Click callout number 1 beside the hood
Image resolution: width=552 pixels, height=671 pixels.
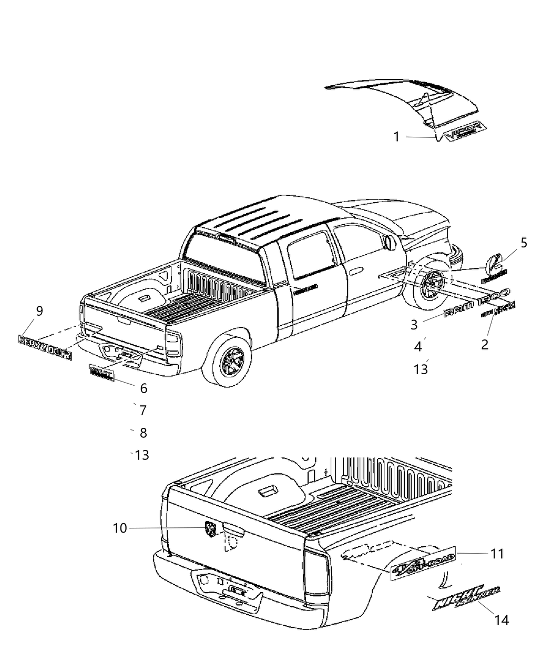click(x=397, y=137)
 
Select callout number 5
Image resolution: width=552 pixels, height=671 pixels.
click(x=524, y=243)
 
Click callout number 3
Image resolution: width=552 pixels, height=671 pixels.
click(x=415, y=325)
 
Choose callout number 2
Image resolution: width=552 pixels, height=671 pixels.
click(x=485, y=344)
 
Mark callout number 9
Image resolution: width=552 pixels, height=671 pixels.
click(x=39, y=311)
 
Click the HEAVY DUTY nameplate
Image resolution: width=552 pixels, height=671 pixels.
click(x=45, y=348)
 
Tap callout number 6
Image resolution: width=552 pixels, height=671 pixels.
click(x=144, y=388)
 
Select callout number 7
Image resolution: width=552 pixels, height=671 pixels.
click(x=142, y=410)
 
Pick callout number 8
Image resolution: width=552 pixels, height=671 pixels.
click(x=142, y=433)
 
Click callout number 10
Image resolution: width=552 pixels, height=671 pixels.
click(x=120, y=528)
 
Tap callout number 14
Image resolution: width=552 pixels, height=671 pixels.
click(x=502, y=620)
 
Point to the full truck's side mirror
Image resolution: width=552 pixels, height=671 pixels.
click(x=390, y=242)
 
